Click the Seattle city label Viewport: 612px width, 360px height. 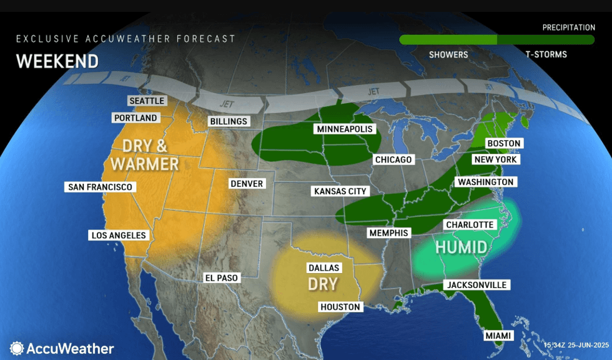click(147, 101)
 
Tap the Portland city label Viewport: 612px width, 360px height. click(136, 117)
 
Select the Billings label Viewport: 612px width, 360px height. click(229, 121)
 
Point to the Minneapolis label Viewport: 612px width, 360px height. click(345, 129)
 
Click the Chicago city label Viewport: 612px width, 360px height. click(393, 160)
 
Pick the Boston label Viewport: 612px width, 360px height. click(503, 143)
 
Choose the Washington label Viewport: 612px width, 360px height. click(485, 182)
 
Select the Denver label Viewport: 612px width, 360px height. click(247, 184)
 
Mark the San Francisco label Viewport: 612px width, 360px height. click(101, 187)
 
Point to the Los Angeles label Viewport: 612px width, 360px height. click(118, 236)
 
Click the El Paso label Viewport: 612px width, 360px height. click(222, 277)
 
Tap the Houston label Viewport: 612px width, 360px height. click(340, 307)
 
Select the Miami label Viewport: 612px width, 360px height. click(498, 336)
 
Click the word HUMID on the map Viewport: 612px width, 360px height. click(461, 247)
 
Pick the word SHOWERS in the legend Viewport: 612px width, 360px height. click(448, 54)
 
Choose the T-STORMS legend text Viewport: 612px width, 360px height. click(546, 54)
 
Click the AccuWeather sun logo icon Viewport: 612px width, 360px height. click(17, 348)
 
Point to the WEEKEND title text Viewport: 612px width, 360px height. click(57, 61)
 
